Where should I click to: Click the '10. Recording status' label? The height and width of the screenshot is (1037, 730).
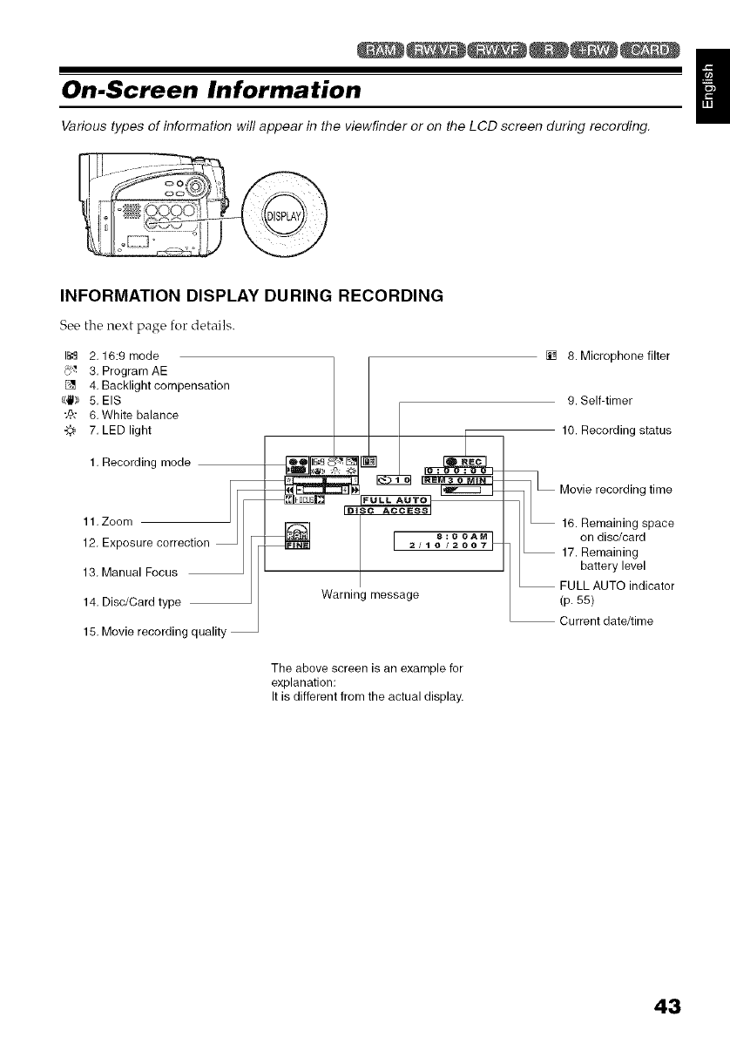pyautogui.click(x=616, y=430)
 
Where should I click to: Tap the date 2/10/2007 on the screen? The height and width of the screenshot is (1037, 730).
pyautogui.click(x=444, y=546)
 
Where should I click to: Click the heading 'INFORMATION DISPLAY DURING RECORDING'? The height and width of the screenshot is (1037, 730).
pyautogui.click(x=251, y=295)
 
